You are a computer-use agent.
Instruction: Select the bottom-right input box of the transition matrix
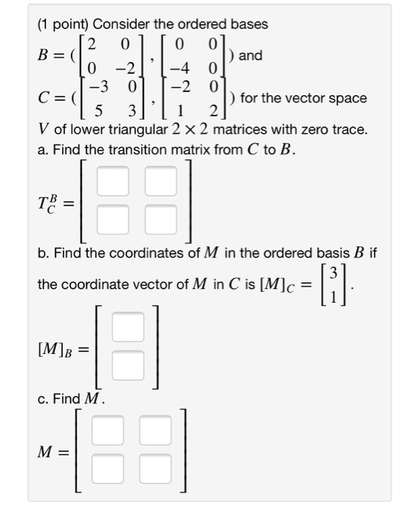161,218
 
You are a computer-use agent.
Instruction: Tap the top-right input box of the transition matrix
161,181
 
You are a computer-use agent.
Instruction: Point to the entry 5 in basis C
91,112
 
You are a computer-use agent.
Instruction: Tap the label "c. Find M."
71,399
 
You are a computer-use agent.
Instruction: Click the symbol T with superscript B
48,200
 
